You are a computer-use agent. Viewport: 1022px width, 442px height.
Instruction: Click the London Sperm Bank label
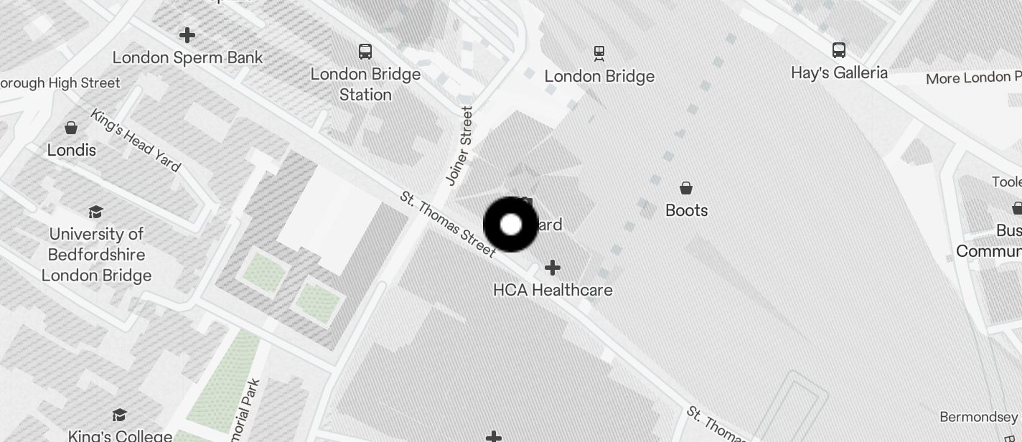[x=187, y=57]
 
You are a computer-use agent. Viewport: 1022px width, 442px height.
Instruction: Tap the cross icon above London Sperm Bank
[x=187, y=34]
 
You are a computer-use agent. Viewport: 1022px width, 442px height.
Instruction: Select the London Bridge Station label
[x=365, y=84]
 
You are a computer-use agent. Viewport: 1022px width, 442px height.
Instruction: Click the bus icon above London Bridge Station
[x=365, y=51]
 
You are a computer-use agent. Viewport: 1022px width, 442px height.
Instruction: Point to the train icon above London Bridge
[x=599, y=52]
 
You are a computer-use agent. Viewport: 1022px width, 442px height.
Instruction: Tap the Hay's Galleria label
[x=839, y=72]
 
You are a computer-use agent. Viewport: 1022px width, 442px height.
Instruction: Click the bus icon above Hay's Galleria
[x=839, y=50]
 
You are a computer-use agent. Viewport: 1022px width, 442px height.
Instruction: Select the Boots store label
[x=687, y=210]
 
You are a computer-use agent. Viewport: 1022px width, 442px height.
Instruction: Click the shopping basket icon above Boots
[x=686, y=188]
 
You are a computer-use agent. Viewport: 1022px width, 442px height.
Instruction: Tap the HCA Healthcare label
[x=553, y=290]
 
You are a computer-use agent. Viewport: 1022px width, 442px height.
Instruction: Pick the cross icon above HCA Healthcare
[x=552, y=268]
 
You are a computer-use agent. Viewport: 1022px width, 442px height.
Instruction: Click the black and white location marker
[x=511, y=225]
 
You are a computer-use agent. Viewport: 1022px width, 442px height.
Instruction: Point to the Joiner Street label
[x=460, y=146]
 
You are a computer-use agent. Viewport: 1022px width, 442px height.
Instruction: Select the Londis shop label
[x=72, y=150]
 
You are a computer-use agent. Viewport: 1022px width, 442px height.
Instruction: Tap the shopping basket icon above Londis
[x=71, y=128]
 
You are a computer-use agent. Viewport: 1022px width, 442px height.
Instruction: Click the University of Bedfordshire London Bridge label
[x=96, y=255]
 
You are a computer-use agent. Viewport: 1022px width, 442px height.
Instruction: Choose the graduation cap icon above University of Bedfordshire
[x=95, y=212]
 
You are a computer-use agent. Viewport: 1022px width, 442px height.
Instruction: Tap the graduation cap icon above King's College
[x=119, y=415]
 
